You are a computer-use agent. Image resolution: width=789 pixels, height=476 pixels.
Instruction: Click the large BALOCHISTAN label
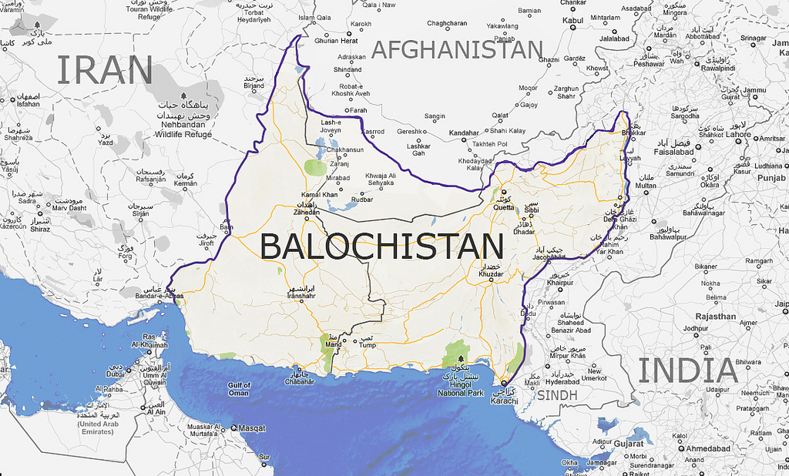[x=381, y=246]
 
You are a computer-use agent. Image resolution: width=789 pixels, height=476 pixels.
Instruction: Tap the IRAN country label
[x=104, y=70]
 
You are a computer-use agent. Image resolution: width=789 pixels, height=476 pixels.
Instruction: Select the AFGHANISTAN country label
[x=457, y=50]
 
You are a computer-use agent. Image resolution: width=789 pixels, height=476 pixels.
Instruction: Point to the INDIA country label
[x=688, y=370]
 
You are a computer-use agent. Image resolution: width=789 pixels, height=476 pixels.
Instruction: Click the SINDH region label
[x=556, y=395]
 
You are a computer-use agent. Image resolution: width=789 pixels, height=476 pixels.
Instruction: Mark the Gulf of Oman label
[x=238, y=389]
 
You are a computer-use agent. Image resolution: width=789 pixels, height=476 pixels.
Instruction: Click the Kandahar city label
[x=464, y=133]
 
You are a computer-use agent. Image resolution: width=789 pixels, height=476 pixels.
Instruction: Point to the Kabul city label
[x=572, y=21]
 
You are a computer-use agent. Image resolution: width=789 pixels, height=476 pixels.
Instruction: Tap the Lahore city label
[x=737, y=134]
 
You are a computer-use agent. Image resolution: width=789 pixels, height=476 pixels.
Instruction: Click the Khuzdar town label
[x=491, y=274]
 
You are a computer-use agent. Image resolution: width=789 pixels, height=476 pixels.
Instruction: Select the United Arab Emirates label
[x=96, y=427]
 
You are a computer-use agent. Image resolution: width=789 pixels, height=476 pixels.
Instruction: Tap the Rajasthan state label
[x=716, y=316]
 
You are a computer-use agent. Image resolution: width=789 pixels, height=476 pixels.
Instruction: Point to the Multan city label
[x=646, y=186]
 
